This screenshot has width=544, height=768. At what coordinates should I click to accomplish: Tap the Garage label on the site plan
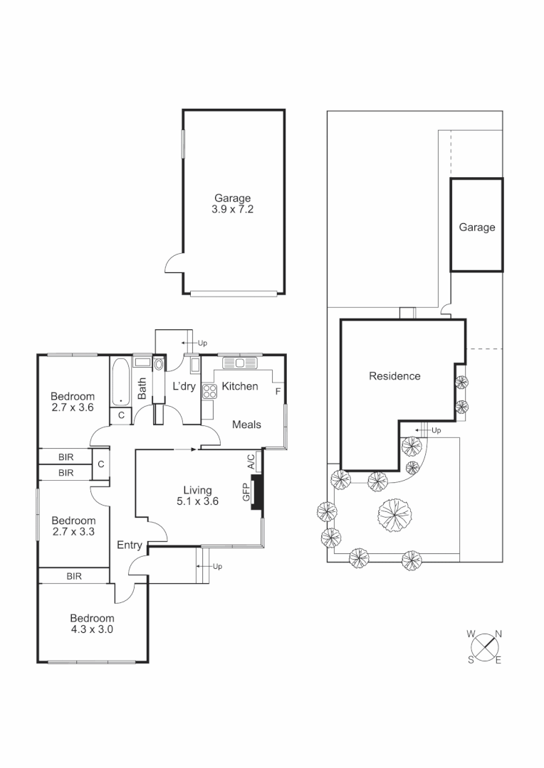tap(476, 228)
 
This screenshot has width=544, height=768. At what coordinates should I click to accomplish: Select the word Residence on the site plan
tap(394, 376)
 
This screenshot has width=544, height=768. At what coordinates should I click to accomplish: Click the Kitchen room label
tap(240, 386)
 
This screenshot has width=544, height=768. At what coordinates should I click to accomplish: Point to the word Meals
tap(247, 425)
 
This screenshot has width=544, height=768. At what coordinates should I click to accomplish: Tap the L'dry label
tap(184, 386)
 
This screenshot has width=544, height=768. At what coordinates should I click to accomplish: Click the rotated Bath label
tap(142, 388)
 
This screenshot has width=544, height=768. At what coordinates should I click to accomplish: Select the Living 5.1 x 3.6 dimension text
tap(197, 501)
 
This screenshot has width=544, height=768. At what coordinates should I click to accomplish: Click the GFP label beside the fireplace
tap(246, 494)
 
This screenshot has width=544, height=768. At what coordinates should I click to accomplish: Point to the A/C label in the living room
tap(251, 462)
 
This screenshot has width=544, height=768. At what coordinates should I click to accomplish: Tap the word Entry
tap(130, 545)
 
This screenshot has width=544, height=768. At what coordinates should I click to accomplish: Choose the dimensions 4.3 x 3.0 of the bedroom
tap(92, 629)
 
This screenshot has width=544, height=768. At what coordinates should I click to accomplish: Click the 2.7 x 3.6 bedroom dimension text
tap(73, 407)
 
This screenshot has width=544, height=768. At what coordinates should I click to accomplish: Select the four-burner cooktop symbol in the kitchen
tap(211, 390)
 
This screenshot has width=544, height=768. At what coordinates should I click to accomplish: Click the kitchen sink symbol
tap(240, 363)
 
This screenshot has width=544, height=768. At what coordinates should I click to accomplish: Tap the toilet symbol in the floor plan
tap(158, 364)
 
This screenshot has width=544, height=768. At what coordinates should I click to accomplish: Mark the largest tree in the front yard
tap(394, 514)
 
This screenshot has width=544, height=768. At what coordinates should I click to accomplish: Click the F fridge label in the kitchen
tap(278, 390)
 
